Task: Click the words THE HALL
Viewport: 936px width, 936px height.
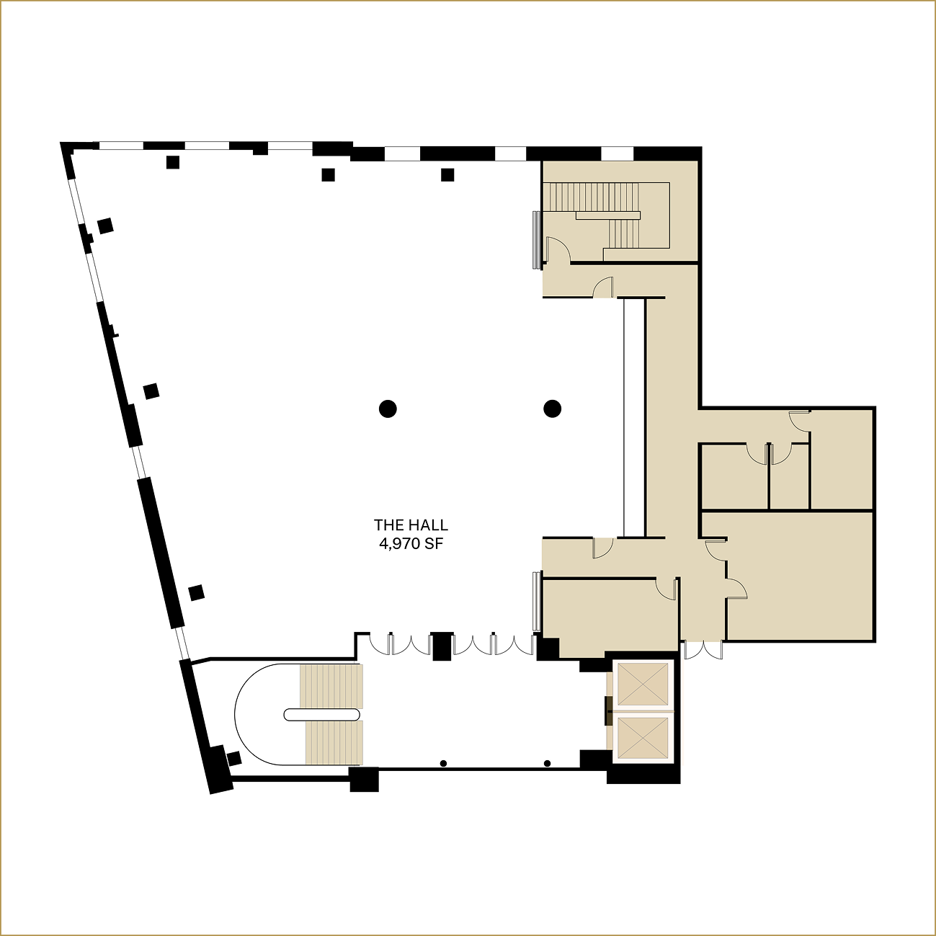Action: click(x=411, y=526)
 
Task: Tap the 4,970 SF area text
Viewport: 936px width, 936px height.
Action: click(x=411, y=544)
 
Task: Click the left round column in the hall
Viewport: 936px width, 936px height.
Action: click(x=388, y=409)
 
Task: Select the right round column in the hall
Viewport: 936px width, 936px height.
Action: click(x=552, y=409)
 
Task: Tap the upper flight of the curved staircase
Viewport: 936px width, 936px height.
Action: click(x=331, y=687)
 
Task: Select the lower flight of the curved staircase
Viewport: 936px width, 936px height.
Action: click(x=334, y=742)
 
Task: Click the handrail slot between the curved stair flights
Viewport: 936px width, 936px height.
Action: click(x=322, y=714)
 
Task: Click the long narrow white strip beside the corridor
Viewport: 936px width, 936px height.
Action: click(x=633, y=418)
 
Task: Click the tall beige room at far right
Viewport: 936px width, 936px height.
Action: click(x=842, y=461)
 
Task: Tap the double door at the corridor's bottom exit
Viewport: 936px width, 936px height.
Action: click(x=703, y=650)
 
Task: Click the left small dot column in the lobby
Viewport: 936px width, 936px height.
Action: click(x=443, y=763)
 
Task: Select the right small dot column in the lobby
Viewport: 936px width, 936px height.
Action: click(x=548, y=763)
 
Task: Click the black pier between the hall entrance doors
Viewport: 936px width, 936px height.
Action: click(x=441, y=646)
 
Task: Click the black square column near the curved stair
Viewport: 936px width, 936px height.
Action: click(x=233, y=758)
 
